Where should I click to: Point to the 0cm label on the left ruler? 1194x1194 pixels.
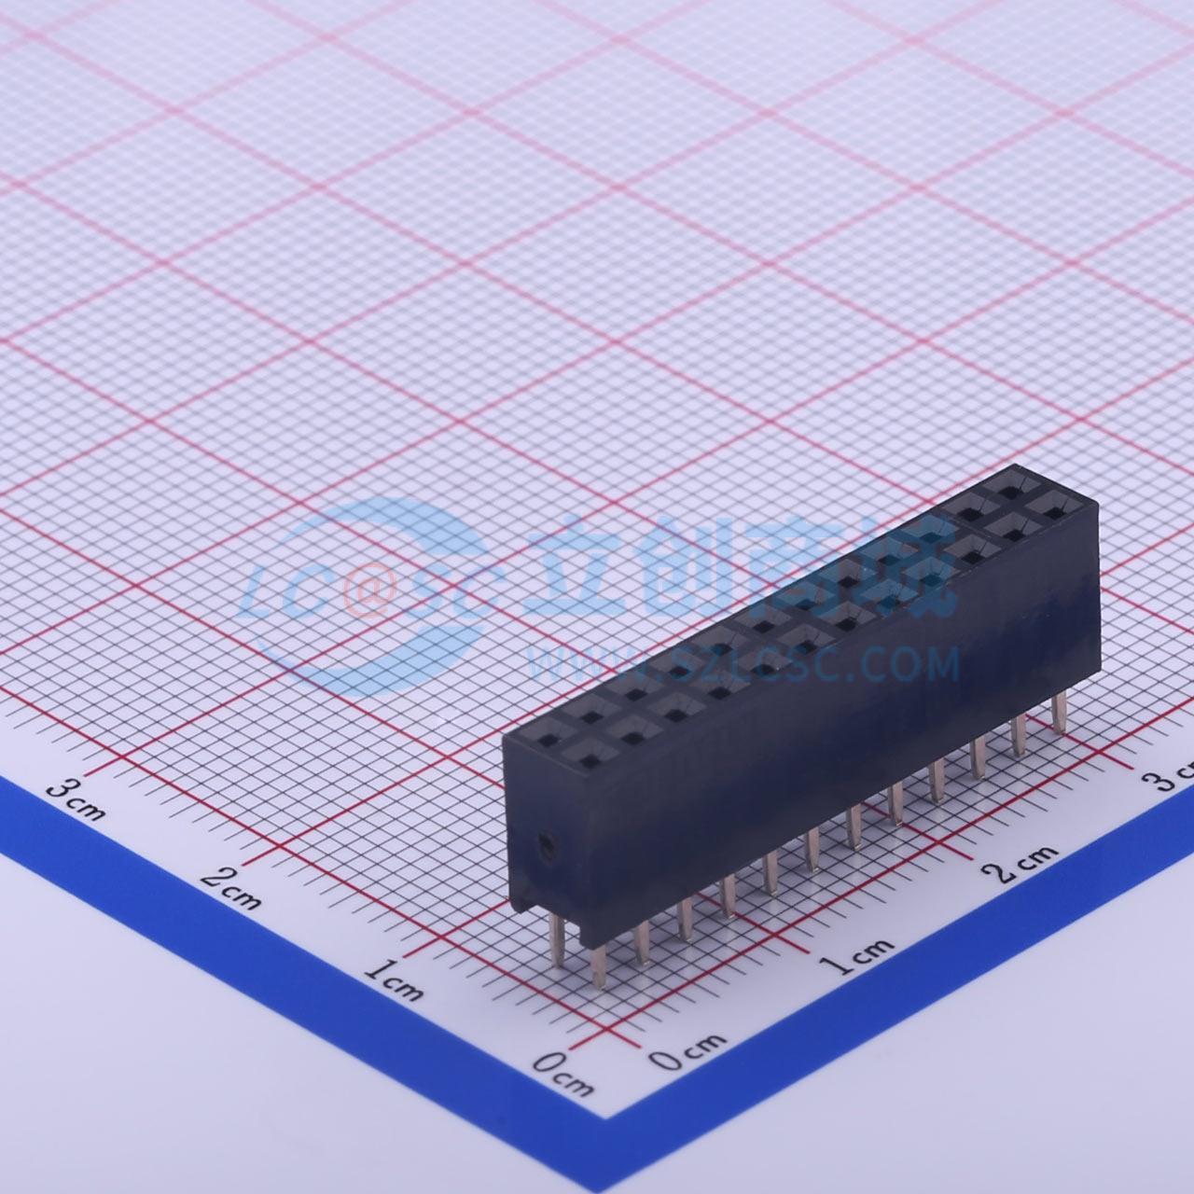point(563,1072)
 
